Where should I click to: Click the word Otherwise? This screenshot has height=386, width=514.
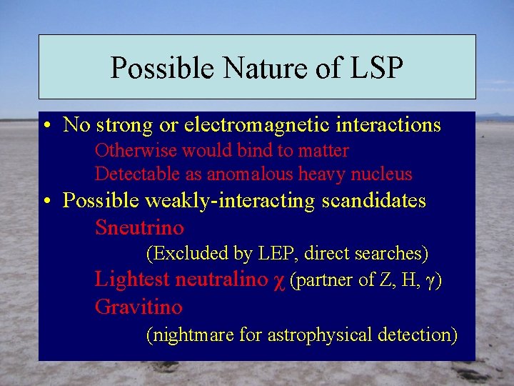coord(137,151)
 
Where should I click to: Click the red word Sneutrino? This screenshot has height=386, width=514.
coord(139,229)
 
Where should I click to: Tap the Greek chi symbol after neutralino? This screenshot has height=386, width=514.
coord(279,281)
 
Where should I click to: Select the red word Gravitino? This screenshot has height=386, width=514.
coord(138,307)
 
